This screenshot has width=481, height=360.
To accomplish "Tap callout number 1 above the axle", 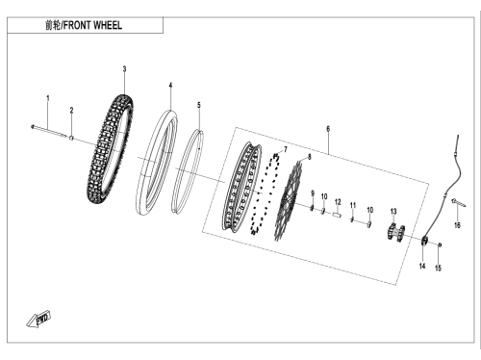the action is tap(48, 98).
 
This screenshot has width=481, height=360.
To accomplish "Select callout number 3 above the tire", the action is tap(124, 69).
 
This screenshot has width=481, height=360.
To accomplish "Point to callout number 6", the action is tap(328, 129).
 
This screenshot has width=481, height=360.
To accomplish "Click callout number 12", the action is tap(338, 202).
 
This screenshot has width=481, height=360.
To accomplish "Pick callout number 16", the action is tap(457, 225).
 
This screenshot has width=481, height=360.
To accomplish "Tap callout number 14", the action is tap(422, 266).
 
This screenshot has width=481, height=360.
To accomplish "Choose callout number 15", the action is tap(438, 268).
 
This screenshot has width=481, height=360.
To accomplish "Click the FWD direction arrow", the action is tap(38, 320).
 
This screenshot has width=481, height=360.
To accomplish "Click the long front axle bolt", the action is tap(49, 131).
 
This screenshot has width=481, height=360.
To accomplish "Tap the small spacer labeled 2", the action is tap(72, 138).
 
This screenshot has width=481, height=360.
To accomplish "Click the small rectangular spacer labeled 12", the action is tap(336, 215).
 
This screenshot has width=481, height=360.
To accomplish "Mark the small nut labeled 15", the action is tap(440, 245).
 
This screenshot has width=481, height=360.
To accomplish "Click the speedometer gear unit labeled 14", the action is tap(424, 241).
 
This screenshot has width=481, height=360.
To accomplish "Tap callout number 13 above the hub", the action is tap(393, 212).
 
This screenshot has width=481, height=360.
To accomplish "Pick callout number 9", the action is tap(313, 193).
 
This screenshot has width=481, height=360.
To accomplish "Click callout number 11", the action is tap(353, 205).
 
